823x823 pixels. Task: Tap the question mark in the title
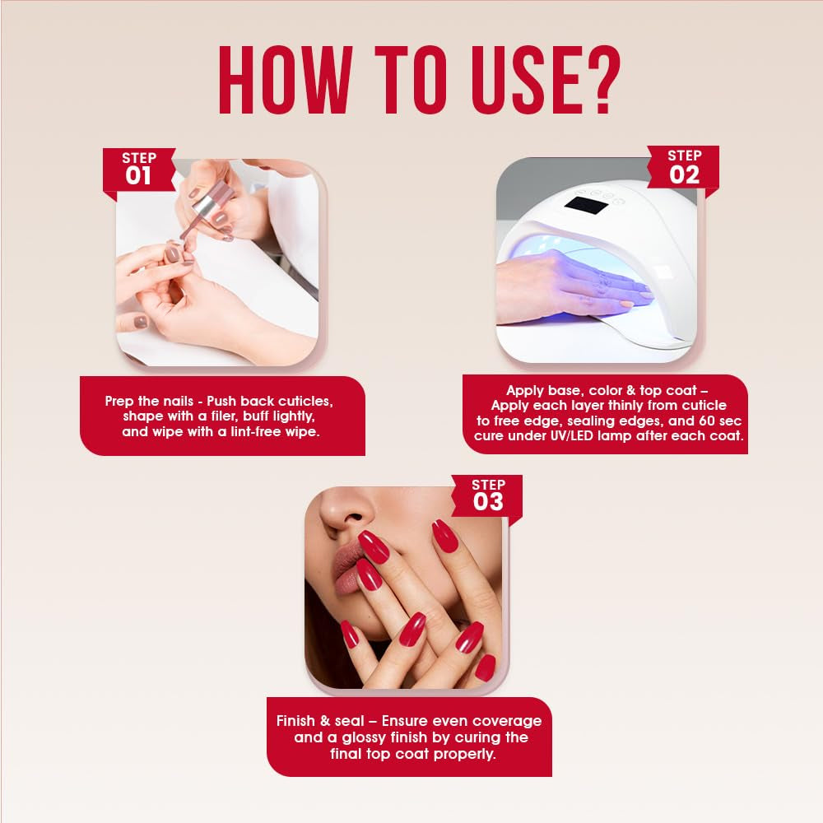point(601,80)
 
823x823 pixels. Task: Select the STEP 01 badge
point(139,170)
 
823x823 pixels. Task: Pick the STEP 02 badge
point(684,167)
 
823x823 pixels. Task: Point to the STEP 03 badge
point(487,495)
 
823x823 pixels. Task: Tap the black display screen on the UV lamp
point(586,205)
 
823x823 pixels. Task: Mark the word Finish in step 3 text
point(295,721)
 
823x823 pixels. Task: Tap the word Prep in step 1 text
point(119,402)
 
